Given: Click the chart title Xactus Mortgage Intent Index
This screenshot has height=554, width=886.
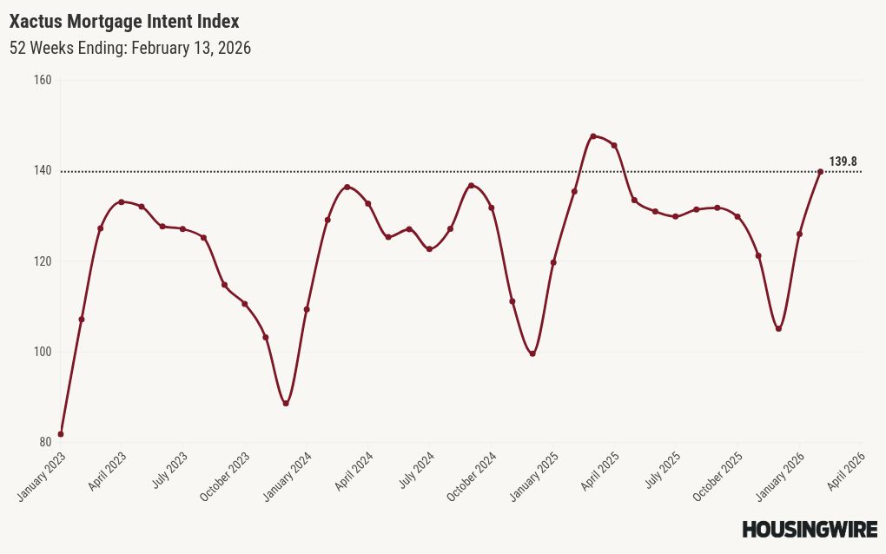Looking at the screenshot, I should point(124,21).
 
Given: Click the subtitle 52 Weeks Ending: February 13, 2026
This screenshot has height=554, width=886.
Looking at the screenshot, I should point(130,48).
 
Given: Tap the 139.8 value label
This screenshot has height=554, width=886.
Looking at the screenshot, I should point(843,162).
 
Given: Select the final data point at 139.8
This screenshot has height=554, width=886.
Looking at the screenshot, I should point(820,171).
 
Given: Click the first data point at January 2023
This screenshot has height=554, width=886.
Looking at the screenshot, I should point(61,434).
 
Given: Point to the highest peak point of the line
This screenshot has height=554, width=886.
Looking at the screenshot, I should point(593,136).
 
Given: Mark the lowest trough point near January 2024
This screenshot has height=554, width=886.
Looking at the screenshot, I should point(286,404).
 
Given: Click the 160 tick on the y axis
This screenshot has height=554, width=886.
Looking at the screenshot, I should point(43,80).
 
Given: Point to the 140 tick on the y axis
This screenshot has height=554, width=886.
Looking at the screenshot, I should point(43,171).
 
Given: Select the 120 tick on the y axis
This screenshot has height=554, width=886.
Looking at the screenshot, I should point(43,261).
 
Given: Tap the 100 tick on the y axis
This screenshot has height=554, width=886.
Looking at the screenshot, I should point(43,352).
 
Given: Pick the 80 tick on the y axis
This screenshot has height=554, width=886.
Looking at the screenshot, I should point(45,442).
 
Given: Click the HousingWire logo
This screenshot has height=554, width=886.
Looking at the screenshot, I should point(810,529).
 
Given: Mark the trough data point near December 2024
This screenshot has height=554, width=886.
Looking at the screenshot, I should point(532,353).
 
